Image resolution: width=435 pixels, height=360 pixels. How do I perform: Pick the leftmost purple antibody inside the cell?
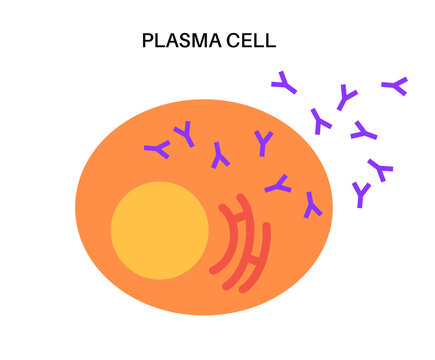point(157,150)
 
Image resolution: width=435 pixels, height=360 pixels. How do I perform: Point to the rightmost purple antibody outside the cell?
point(396,86)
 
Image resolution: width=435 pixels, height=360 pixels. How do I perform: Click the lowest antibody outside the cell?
point(362,194)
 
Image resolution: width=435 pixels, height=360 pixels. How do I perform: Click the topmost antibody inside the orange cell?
point(183,133)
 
